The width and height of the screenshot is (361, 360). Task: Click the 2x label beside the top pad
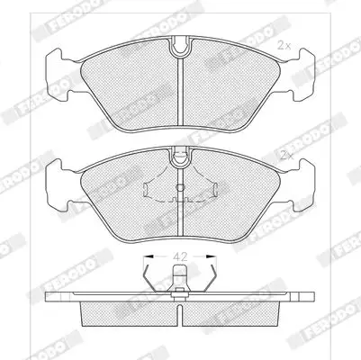tap(284, 46)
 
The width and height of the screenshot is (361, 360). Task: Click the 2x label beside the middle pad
tap(286, 155)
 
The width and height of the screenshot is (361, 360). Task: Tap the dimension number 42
tap(181, 256)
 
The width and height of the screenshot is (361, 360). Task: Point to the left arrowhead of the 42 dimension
tap(149, 256)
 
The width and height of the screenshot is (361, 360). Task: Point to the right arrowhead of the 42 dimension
tap(212, 256)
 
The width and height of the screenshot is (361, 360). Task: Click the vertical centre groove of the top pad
tap(180, 92)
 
